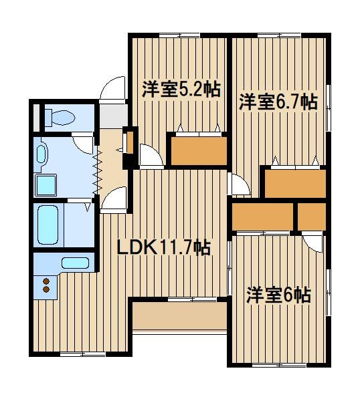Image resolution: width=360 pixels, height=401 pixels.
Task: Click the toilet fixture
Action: point(60,118)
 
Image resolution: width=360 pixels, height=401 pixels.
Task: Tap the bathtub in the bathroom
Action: point(48,225)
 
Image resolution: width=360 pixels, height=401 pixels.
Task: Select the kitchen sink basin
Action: point(75,263)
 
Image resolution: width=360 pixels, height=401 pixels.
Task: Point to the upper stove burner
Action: point(46,281)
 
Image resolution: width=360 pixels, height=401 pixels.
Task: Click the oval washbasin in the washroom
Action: point(41,154)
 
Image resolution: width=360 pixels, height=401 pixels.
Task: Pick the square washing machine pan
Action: point(46,185)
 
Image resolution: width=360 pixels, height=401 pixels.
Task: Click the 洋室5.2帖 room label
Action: point(181,90)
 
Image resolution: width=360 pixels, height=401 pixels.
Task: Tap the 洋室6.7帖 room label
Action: point(278,102)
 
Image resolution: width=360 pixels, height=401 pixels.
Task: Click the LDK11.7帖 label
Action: point(164,247)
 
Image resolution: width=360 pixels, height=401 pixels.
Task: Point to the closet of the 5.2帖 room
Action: point(199,151)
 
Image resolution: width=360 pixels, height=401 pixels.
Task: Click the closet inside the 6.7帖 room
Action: point(295,184)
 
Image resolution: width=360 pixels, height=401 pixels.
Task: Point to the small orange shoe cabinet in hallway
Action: point(130,142)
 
